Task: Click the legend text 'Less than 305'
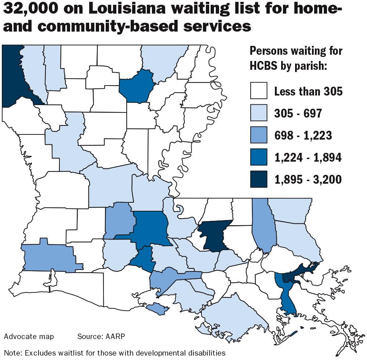click(308, 91)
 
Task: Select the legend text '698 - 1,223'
click(303, 135)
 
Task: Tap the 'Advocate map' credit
click(29, 336)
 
